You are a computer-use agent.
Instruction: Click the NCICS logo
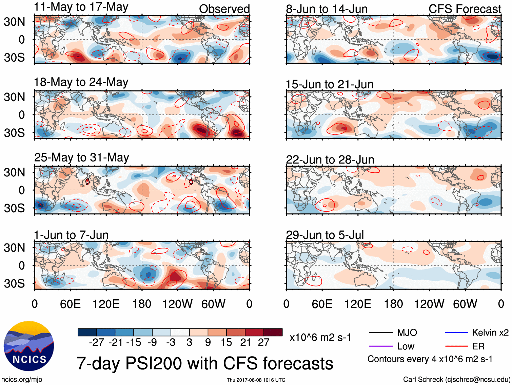(29, 346)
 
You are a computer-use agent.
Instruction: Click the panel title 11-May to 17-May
(81, 7)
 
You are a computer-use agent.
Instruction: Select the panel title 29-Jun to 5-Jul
(324, 235)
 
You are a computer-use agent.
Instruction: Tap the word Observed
(224, 9)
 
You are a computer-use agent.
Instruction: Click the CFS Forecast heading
(465, 9)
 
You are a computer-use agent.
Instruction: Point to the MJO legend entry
(407, 333)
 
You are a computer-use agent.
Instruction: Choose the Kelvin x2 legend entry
(490, 333)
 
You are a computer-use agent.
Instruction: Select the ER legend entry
(478, 346)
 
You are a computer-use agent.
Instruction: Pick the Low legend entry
(406, 346)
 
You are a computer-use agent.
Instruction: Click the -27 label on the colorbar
(96, 343)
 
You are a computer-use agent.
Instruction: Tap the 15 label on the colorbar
(226, 343)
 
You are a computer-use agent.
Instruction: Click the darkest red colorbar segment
(273, 332)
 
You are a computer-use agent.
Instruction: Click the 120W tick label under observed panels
(177, 304)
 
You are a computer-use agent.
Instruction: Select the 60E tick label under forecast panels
(322, 304)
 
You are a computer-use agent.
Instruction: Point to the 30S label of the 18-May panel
(14, 133)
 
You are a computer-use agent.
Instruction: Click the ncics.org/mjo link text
(22, 380)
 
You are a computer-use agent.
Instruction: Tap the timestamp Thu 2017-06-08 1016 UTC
(256, 380)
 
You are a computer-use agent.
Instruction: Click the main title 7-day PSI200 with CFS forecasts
(205, 363)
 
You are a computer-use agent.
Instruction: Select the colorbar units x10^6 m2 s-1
(320, 337)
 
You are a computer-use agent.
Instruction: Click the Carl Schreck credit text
(456, 380)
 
